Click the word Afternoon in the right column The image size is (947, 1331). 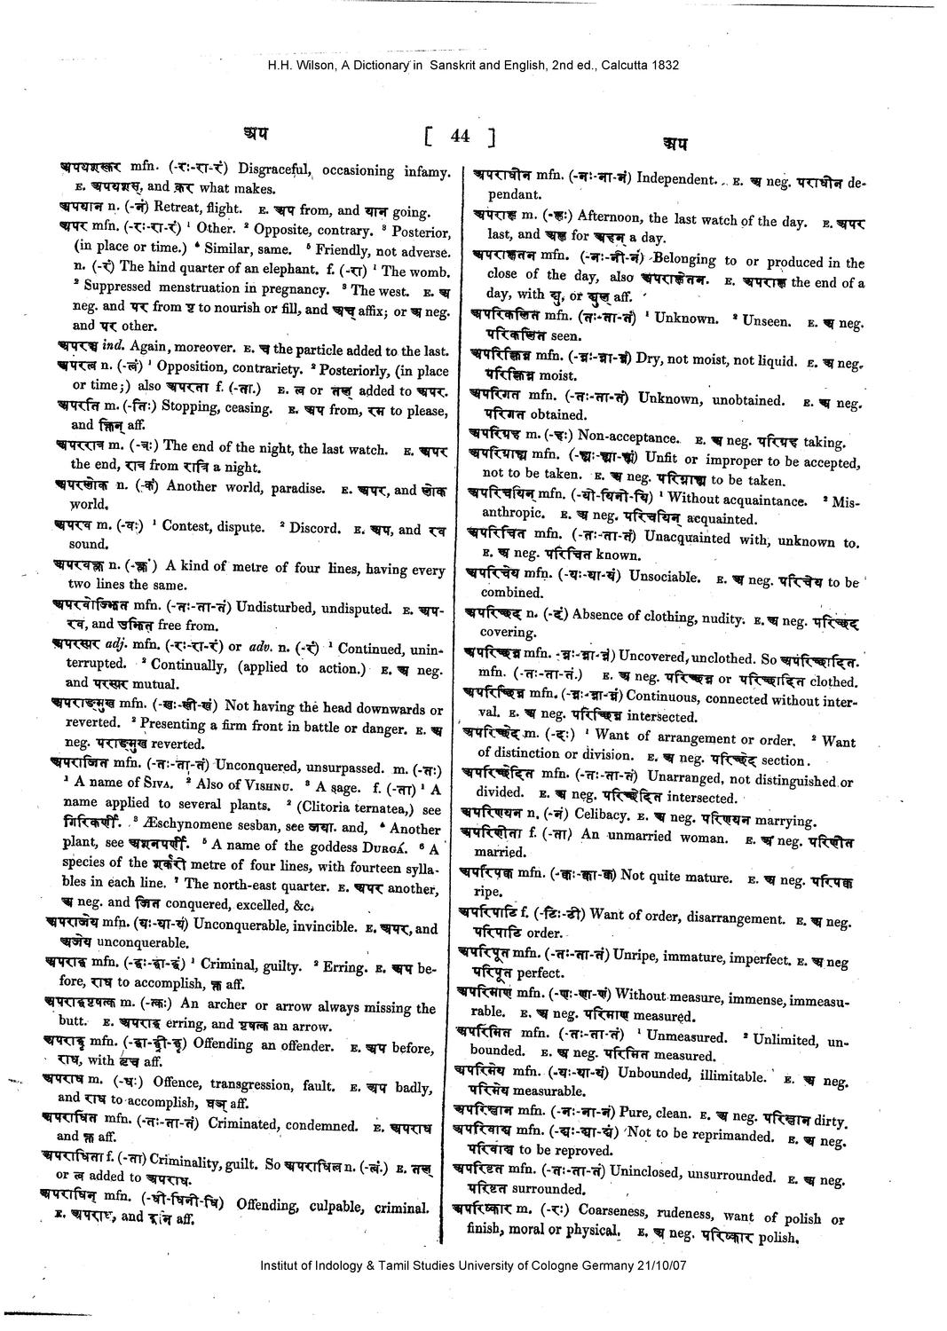(611, 217)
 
